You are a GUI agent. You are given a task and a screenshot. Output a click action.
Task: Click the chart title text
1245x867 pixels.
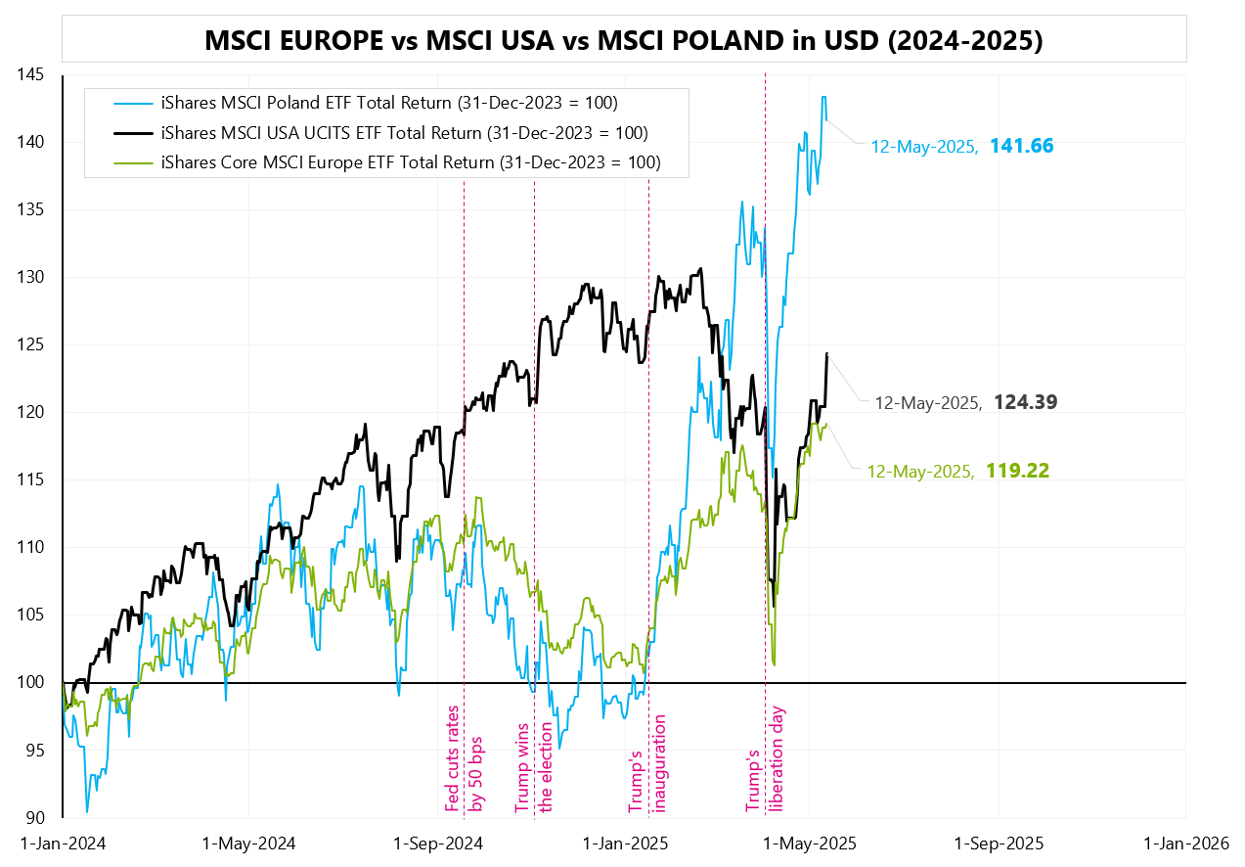[x=623, y=40]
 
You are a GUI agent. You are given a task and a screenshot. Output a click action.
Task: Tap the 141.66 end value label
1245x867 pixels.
[x=1021, y=147]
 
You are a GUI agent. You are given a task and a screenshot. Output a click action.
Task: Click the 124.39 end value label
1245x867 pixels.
[x=1025, y=402]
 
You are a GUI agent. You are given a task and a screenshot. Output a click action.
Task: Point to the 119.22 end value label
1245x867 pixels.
[x=1017, y=471]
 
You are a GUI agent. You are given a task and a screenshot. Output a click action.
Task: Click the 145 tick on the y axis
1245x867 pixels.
[x=34, y=74]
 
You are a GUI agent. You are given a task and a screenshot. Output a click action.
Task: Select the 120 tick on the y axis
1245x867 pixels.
[x=34, y=412]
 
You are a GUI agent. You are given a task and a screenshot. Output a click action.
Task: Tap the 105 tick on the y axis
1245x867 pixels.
[x=34, y=615]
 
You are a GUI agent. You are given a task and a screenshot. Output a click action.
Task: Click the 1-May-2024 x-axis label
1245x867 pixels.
[x=248, y=843]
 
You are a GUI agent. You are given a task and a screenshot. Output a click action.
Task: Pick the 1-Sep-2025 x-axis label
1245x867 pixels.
[x=999, y=843]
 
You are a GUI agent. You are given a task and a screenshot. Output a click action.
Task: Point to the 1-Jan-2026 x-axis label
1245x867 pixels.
[x=1185, y=843]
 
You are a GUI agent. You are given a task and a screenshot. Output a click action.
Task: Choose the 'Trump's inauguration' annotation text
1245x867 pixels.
[x=648, y=764]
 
